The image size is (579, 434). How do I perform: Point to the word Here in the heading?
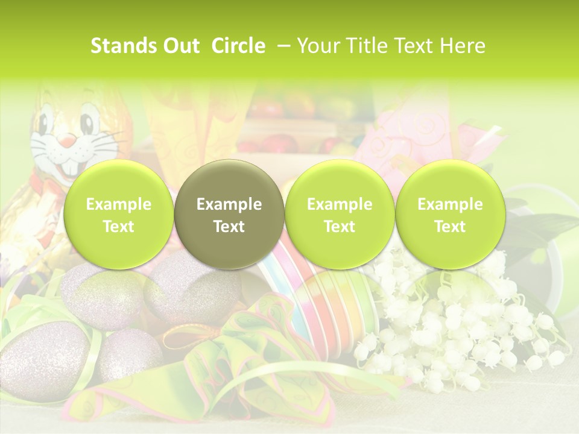pyautogui.click(x=463, y=46)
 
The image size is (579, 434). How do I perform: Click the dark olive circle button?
pyautogui.click(x=229, y=215)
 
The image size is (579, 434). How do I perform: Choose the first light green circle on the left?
pyautogui.click(x=118, y=215)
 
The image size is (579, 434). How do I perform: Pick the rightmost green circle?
pyautogui.click(x=450, y=215)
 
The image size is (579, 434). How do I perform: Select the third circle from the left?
pyautogui.click(x=340, y=215)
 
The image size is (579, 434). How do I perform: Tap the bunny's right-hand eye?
pyautogui.click(x=89, y=123)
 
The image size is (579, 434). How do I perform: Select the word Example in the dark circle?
pyautogui.click(x=229, y=204)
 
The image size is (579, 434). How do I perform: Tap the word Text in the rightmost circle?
pyautogui.click(x=450, y=227)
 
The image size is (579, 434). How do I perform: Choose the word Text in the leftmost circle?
pyautogui.click(x=118, y=227)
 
